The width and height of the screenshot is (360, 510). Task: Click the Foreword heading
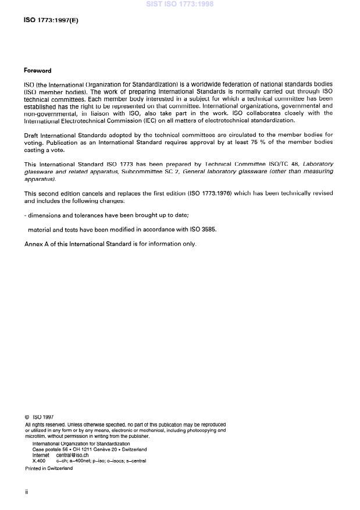coord(37,70)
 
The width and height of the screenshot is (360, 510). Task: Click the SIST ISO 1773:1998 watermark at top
coord(180,4)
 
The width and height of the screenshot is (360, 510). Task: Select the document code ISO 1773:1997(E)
coord(51,20)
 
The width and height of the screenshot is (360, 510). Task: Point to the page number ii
coord(27,492)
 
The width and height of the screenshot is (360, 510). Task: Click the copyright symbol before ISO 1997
coord(27,417)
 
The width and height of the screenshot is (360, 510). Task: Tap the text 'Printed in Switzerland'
coord(49,468)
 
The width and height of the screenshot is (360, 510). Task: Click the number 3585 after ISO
coord(207,230)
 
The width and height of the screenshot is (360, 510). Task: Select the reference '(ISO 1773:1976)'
coord(213,193)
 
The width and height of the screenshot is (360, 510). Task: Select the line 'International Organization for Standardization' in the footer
coord(81,444)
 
